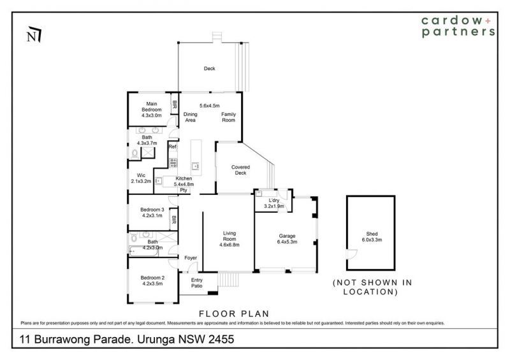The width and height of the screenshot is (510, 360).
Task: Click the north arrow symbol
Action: click(34, 34)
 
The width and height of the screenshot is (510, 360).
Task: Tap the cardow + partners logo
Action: click(458, 26)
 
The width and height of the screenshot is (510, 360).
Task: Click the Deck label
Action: click(210, 69)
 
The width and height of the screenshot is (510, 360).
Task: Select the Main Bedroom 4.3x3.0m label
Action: click(152, 110)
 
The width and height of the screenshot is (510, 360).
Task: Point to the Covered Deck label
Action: click(241, 170)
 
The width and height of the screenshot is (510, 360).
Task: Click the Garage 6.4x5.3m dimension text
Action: click(288, 241)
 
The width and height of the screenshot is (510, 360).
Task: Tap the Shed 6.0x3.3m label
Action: click(372, 237)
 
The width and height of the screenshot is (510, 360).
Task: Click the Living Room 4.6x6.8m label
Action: click(229, 239)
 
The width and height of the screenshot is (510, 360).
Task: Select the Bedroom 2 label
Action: click(152, 278)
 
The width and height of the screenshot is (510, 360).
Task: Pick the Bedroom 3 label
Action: click(152, 210)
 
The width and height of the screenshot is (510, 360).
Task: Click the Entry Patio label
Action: click(197, 283)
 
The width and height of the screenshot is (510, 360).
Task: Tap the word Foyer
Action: click(191, 258)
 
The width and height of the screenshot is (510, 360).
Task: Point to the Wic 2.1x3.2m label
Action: click(141, 178)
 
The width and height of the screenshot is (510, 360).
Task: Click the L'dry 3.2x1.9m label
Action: click(274, 203)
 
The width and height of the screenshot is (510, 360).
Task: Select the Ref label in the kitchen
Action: click(172, 147)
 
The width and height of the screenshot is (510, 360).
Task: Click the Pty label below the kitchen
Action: click(184, 190)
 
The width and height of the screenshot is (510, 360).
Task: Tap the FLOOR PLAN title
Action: click(234, 314)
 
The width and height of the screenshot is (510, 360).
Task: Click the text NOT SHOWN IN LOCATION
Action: click(372, 287)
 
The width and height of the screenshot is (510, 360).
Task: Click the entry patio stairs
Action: click(228, 280)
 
